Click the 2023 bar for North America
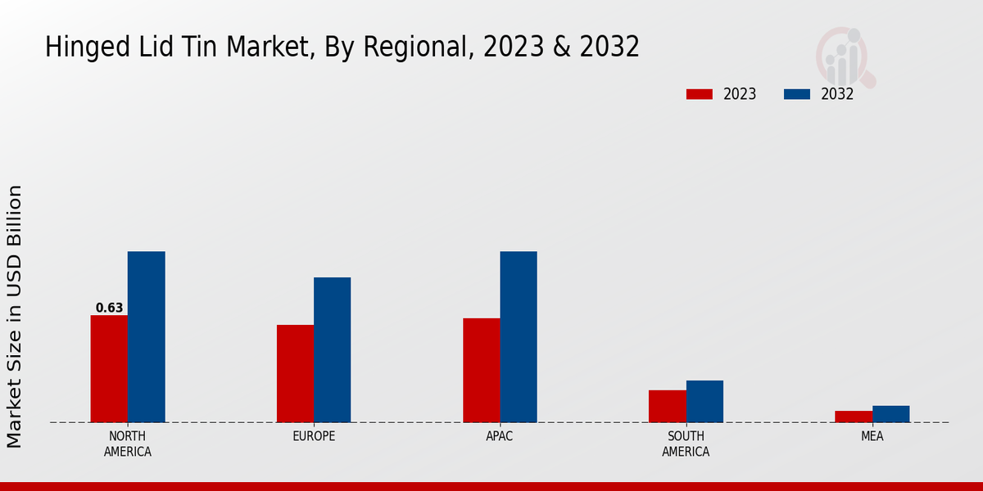(109, 369)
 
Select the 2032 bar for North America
(146, 337)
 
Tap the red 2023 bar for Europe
(295, 374)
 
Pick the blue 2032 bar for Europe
(332, 350)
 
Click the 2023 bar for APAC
(481, 371)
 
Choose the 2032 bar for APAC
(519, 337)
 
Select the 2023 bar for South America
(668, 407)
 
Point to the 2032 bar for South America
(704, 402)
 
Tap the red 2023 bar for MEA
(854, 417)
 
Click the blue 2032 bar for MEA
(890, 414)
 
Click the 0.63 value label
(109, 309)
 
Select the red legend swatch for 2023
(700, 94)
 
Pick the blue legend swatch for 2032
(797, 94)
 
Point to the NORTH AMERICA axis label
(128, 444)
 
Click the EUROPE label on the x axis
(314, 436)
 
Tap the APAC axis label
(500, 436)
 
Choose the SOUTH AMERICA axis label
(686, 444)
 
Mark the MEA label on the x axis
(872, 436)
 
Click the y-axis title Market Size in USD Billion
(15, 316)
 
